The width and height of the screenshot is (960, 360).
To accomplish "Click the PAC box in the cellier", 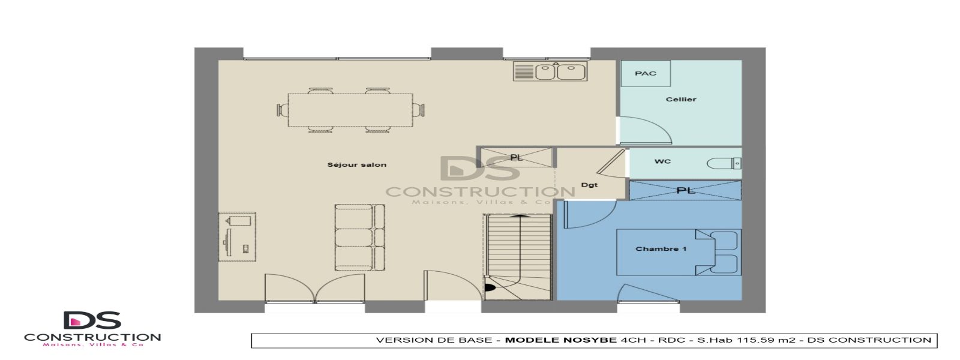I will click(x=645, y=74).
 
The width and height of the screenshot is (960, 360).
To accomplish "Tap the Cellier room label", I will click(x=680, y=100).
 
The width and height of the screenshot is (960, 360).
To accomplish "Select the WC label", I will click(x=662, y=161).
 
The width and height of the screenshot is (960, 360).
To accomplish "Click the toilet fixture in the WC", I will click(x=724, y=163).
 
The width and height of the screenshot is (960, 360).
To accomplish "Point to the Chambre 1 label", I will click(x=661, y=249).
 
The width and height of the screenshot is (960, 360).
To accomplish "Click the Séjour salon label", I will click(x=356, y=164).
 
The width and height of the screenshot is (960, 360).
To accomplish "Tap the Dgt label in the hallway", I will click(x=589, y=185).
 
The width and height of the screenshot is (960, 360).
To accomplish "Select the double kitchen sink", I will click(x=550, y=71).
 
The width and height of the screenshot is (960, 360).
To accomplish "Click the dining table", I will click(x=350, y=110).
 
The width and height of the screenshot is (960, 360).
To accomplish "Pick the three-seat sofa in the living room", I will click(x=359, y=237).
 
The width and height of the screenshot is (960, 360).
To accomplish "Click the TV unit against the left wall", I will click(x=238, y=236).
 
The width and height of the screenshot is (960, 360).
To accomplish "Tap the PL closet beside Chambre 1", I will click(x=685, y=190).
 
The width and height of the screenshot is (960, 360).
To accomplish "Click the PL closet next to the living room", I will click(x=515, y=157).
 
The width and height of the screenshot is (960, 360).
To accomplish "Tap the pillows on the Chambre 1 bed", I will click(x=725, y=252).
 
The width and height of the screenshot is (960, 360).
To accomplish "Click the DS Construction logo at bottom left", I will click(x=92, y=329).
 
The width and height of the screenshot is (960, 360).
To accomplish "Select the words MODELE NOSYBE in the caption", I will click(x=560, y=340).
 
